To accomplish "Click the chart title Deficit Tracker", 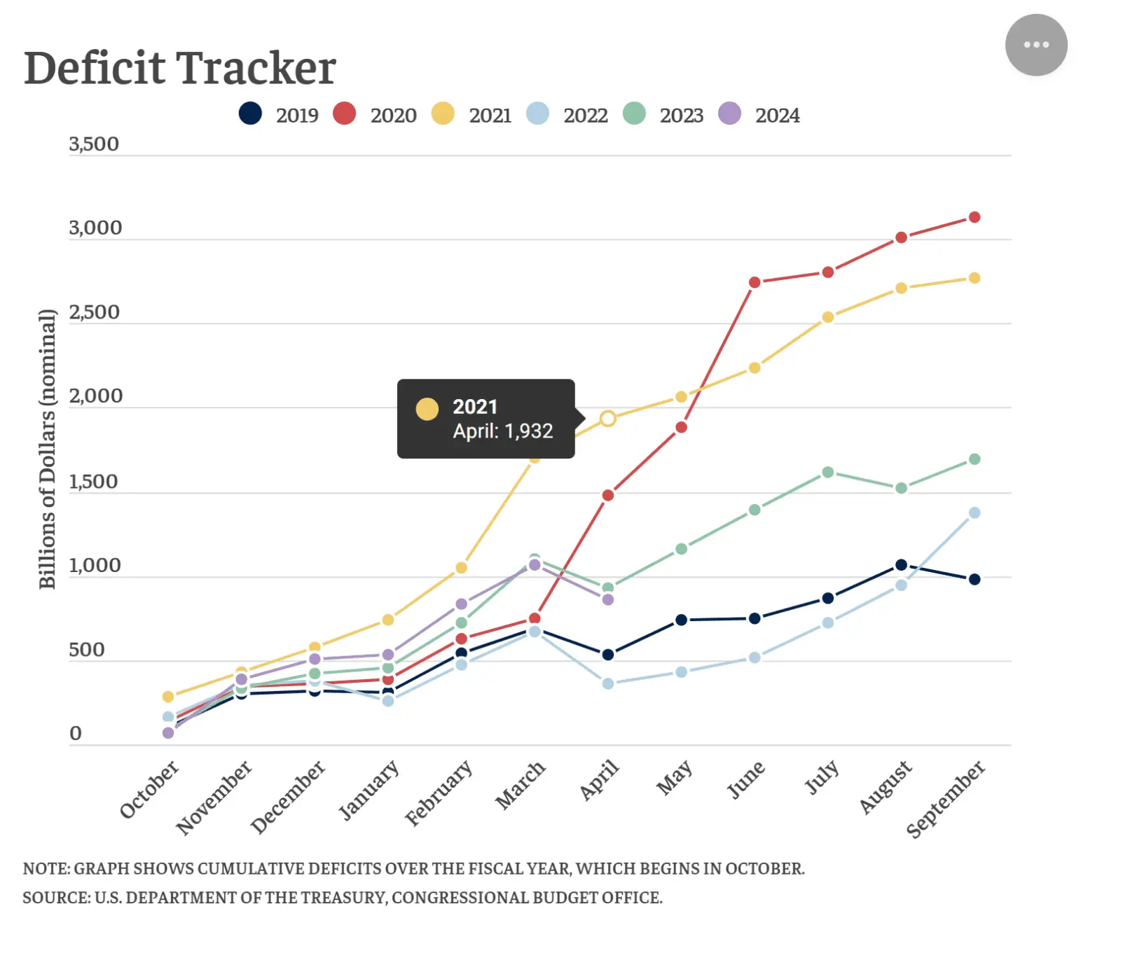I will [180, 69].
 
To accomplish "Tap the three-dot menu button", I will [1036, 45].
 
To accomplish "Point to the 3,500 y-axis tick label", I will [94, 144].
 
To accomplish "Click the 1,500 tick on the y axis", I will [93, 482].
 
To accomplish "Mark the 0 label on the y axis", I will [76, 733].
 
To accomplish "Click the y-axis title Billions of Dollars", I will [47, 449].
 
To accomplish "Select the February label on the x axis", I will [439, 793].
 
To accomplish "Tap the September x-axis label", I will [945, 799].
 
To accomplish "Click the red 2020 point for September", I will [974, 217].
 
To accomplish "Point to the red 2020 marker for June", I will [755, 282].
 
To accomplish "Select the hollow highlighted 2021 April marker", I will [607, 419].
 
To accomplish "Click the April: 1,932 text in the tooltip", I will [502, 431].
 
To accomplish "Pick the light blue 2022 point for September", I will [974, 513].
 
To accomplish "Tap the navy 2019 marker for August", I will [901, 565].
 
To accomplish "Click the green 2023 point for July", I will [827, 472].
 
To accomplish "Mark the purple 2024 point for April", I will [607, 599].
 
